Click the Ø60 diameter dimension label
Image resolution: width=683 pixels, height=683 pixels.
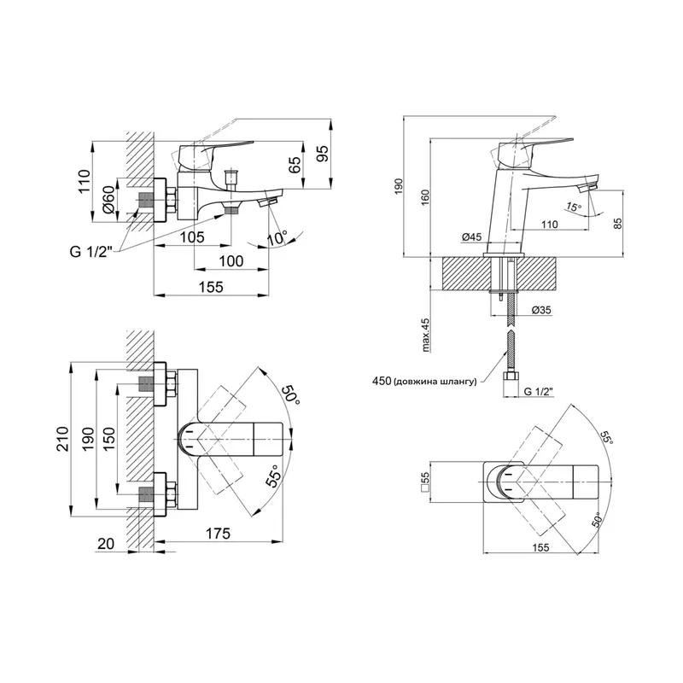(x=109, y=200)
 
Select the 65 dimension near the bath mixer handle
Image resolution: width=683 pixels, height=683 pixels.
(x=295, y=165)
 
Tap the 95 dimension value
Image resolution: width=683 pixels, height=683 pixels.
(x=322, y=154)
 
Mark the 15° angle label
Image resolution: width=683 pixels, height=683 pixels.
(x=573, y=207)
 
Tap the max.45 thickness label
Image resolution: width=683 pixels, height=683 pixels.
(x=424, y=334)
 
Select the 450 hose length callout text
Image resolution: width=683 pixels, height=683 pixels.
(x=423, y=382)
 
